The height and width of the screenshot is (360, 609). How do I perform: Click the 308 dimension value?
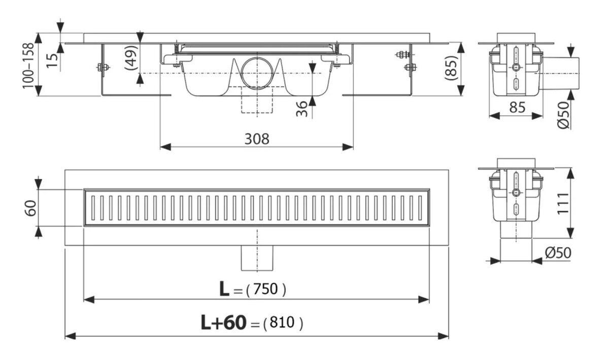point(257,139)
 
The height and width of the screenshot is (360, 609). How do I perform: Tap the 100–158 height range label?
point(28,66)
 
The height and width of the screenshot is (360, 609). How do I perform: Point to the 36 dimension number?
point(302,109)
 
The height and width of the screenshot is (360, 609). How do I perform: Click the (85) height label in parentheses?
point(451,68)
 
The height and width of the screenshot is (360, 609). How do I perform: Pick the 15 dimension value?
point(52,61)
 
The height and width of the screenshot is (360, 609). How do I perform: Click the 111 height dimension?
point(562,204)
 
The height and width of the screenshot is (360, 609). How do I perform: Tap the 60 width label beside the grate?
point(31,208)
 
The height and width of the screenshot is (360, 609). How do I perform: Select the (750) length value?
point(266,289)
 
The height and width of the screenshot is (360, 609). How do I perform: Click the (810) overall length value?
point(283,323)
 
